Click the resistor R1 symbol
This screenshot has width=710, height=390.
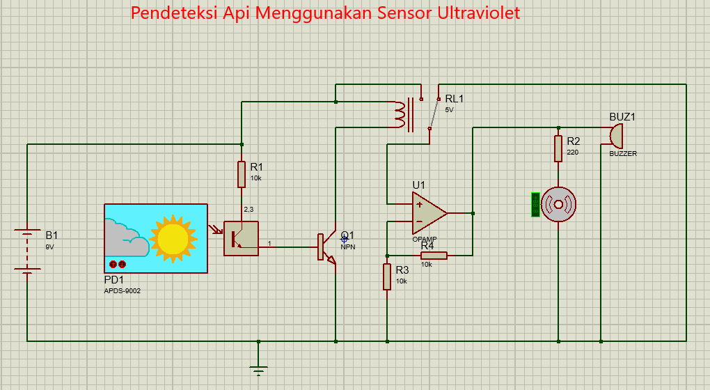(x=242, y=174)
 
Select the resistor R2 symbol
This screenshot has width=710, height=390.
(x=558, y=148)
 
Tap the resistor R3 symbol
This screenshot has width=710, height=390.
(x=387, y=276)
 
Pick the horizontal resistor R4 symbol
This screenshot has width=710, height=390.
(x=434, y=255)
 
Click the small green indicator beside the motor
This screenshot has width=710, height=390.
(x=535, y=205)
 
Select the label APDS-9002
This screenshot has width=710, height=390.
(x=122, y=291)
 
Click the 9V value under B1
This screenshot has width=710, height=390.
(x=49, y=247)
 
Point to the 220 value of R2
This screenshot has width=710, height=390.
(x=572, y=152)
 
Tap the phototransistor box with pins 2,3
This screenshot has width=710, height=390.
(x=241, y=238)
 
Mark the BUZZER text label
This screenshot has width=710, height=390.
(x=623, y=154)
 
